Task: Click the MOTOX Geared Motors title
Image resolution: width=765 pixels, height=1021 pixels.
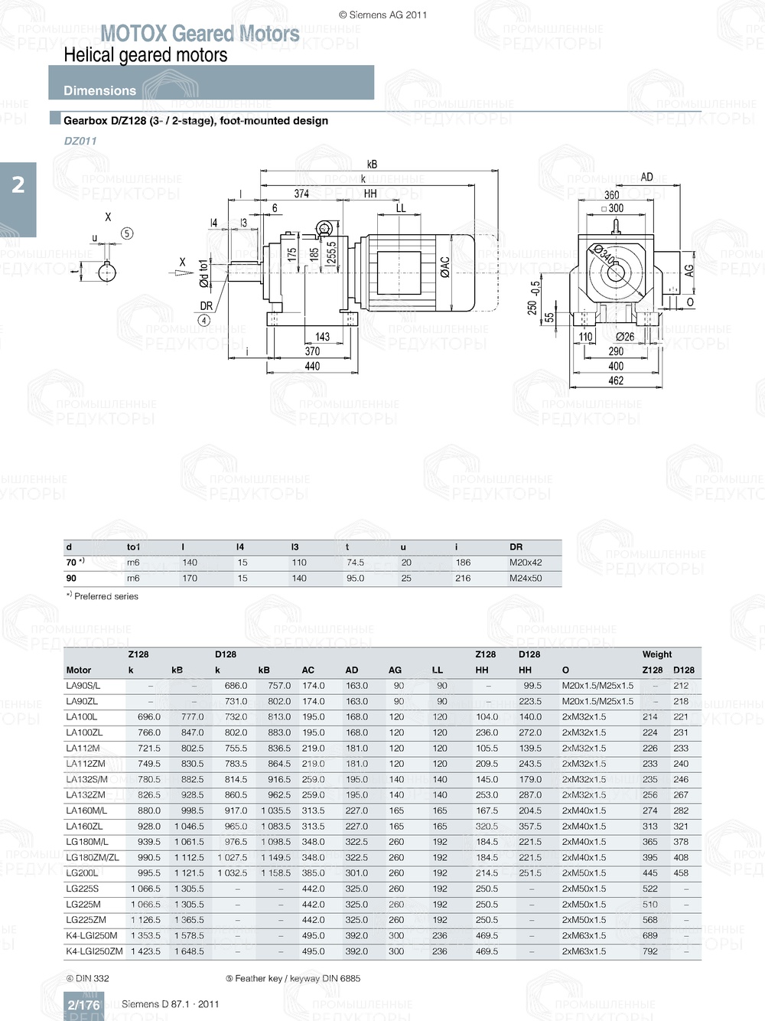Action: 200,34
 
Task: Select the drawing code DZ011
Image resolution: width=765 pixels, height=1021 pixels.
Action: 80,141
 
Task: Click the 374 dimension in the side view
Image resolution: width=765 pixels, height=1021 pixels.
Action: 301,194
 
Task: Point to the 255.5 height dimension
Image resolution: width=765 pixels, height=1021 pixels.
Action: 331,253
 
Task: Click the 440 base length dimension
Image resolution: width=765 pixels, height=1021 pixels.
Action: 312,367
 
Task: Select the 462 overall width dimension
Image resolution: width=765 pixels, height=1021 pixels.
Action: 616,380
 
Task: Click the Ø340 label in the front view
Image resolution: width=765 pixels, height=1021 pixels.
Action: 604,256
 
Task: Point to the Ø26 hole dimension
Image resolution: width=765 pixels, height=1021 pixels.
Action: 625,337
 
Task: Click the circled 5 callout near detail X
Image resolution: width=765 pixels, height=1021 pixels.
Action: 127,233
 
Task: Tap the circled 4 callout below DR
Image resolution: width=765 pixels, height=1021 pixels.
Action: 204,321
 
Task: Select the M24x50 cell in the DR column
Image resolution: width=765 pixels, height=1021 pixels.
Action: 526,579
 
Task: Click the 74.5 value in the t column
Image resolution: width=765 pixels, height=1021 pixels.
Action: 355,563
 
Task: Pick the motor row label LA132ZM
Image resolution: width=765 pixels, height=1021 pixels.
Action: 86,795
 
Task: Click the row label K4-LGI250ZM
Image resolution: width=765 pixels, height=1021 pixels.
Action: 94,951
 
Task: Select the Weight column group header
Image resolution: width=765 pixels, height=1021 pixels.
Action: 657,654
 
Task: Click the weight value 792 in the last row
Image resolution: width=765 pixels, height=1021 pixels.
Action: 649,951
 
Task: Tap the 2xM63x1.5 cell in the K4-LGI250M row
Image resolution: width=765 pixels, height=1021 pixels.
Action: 584,936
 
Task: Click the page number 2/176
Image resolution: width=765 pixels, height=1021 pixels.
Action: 83,1005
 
